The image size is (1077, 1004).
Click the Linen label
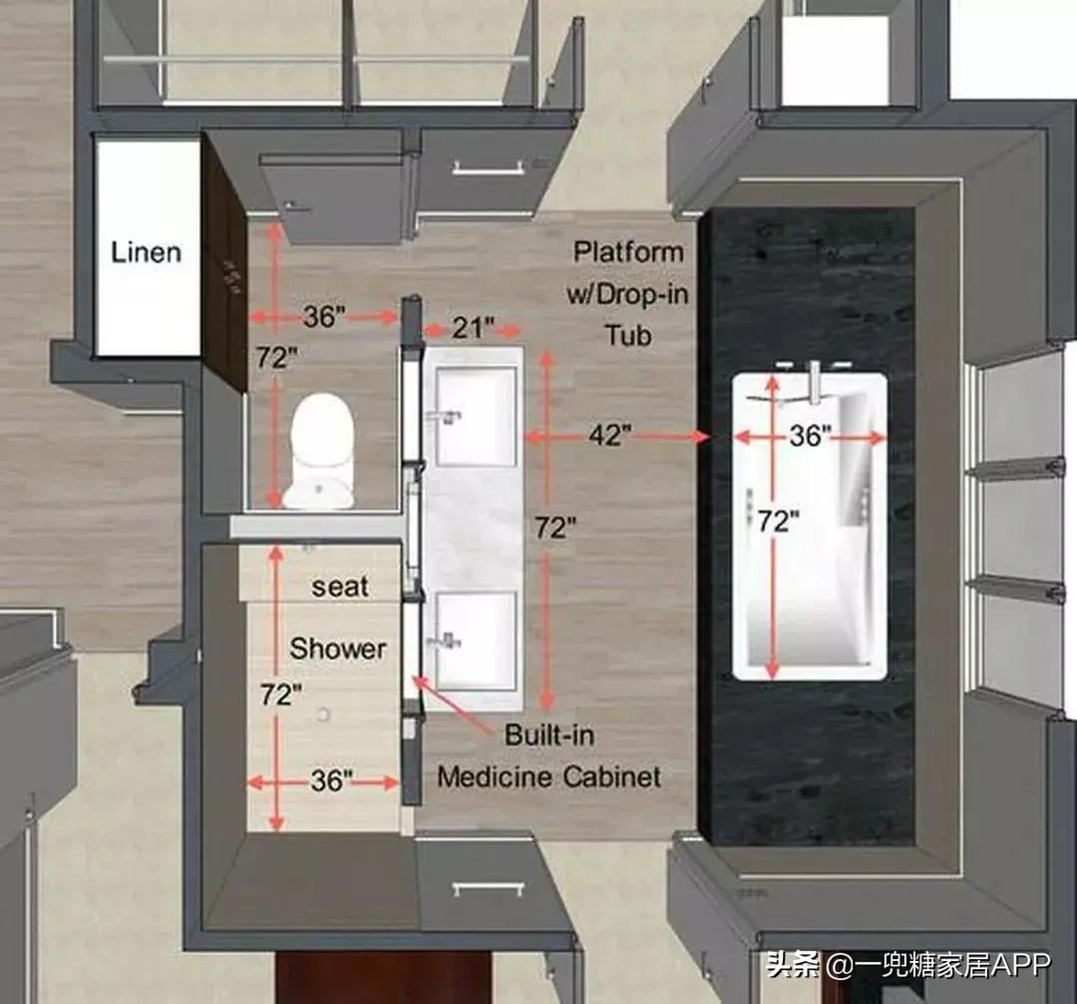pos(147,252)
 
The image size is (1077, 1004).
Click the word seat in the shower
pos(340,587)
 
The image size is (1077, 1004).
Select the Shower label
pos(337,648)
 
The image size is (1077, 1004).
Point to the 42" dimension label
pos(609,436)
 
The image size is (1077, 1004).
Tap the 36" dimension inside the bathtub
pos(810,436)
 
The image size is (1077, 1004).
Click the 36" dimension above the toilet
pos(324,317)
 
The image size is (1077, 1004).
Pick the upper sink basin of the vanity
pos(476,416)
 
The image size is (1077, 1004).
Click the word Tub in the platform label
pos(628,336)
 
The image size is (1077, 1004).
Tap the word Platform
pos(628,252)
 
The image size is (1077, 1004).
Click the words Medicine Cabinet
pos(548,778)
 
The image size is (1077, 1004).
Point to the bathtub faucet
pos(814,382)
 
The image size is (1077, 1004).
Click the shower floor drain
pos(323,715)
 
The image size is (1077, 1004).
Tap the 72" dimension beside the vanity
pos(555,527)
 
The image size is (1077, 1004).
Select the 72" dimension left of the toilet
pos(277,357)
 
